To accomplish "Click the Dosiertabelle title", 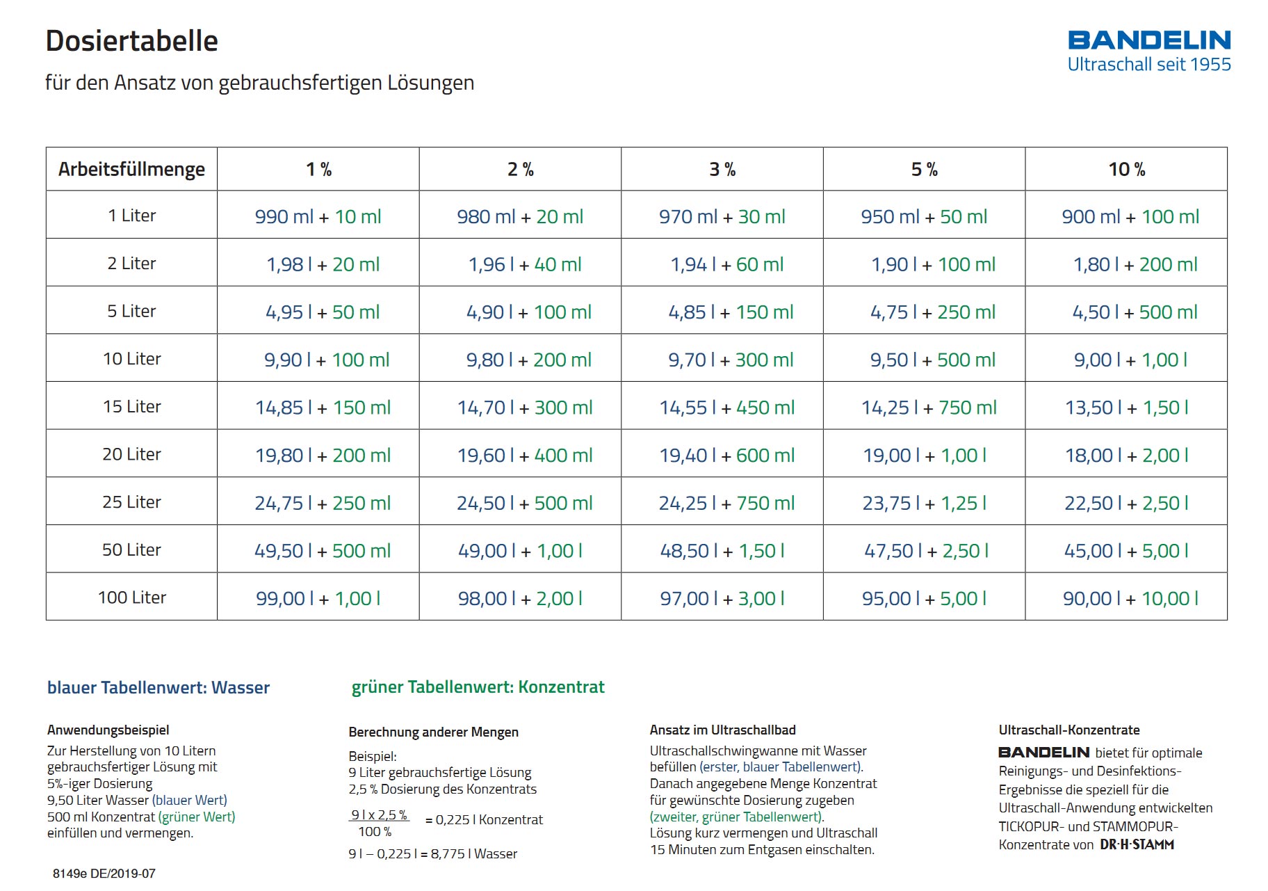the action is point(132,41).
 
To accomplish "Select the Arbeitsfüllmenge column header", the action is point(131,169).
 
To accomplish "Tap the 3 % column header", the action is point(722,169).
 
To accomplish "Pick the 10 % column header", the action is point(1126,169).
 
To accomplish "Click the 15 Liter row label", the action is point(132,406).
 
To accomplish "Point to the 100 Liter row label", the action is point(132,597).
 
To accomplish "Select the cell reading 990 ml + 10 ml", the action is point(318,216).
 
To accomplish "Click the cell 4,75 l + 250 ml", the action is point(933,312).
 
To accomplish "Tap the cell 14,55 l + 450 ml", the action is point(726,408).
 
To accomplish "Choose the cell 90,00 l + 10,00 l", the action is point(1130,599).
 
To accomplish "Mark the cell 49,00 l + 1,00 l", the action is point(520,551).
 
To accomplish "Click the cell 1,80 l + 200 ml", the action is point(1135,264).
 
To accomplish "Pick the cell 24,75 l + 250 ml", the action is point(323,503).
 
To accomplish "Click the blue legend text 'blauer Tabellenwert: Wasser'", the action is point(158,687).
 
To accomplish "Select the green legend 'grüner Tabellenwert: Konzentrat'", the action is point(478,687).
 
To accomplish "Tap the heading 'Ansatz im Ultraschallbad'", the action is point(723,730).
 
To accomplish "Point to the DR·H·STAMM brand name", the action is point(1137,844).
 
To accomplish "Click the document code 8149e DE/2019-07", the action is point(104,874).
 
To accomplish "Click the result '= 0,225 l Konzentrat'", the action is point(484,820).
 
